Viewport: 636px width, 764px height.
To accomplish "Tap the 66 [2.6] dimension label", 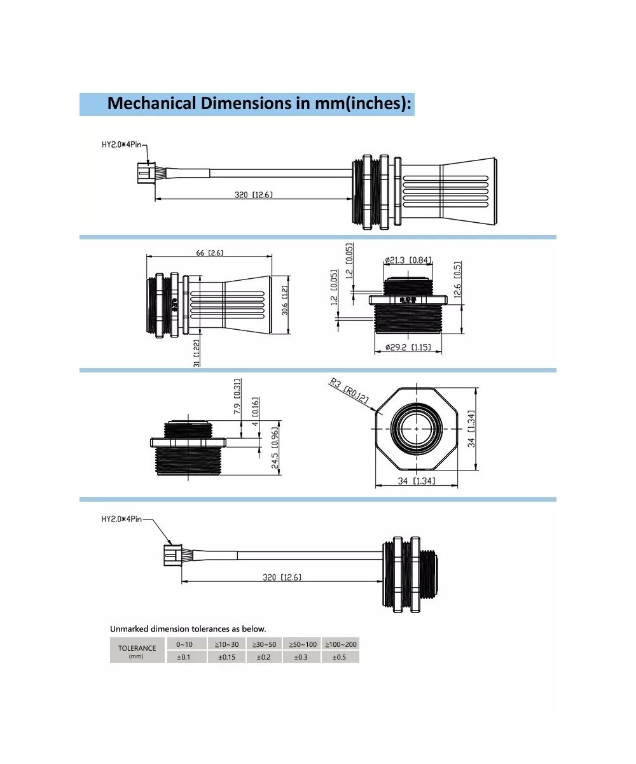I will [209, 253].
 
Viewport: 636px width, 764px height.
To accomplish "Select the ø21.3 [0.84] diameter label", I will [408, 260].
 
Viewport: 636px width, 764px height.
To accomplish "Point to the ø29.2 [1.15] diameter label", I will [408, 347].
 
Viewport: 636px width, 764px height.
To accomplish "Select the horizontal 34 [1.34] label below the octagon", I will [417, 481].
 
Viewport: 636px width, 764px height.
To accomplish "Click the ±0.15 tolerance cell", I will [227, 657].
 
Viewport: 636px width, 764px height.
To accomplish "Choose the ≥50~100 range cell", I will [303, 644].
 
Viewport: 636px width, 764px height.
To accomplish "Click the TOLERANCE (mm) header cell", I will [137, 651].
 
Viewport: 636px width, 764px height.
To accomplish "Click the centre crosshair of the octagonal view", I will [417, 428].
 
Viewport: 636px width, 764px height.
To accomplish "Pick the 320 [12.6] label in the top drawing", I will [253, 194].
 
